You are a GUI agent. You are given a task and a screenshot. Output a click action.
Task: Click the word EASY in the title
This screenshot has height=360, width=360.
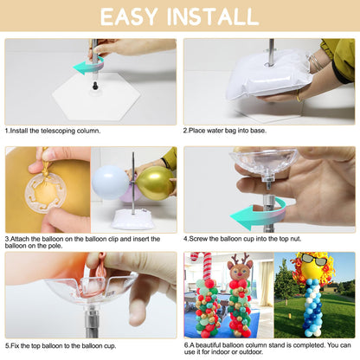pos(129,16)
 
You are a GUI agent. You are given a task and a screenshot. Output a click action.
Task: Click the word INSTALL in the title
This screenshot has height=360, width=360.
pos(213,16)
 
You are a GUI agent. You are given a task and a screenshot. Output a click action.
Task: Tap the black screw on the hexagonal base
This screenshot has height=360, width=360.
pos(95,86)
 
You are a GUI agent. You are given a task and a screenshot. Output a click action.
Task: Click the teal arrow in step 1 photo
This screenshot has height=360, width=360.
pos(87,66)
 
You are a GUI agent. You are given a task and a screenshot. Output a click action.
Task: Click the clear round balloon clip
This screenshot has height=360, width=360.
pos(45,191)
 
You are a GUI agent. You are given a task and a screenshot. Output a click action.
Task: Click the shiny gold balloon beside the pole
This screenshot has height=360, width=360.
pos(155,183)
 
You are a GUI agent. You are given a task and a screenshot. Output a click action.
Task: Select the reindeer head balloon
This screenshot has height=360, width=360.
pos(240,267)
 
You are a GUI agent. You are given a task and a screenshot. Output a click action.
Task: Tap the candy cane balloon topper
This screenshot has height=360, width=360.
pos(202,266)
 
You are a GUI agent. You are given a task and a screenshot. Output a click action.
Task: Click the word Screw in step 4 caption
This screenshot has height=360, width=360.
pos(198,239)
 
